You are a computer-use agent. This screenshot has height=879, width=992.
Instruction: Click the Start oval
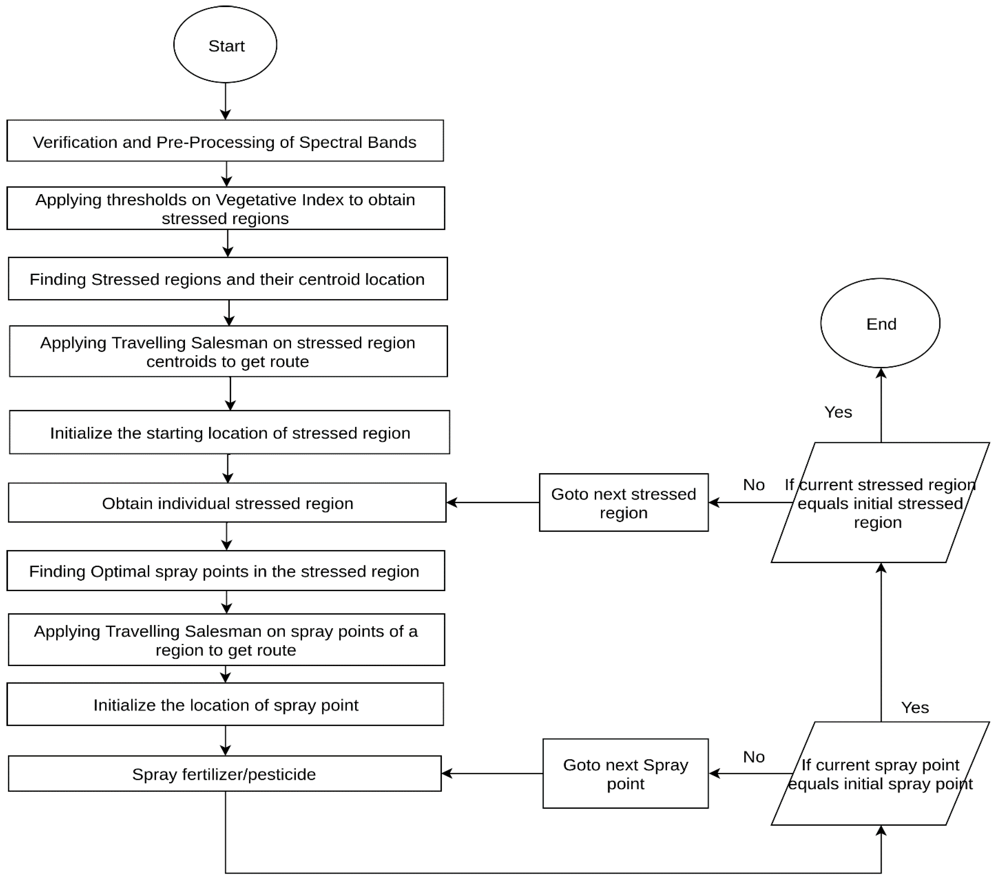pos(225,45)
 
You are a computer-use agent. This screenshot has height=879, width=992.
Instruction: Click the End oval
pos(880,323)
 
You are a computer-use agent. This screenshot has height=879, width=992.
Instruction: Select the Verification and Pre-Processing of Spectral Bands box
pos(225,141)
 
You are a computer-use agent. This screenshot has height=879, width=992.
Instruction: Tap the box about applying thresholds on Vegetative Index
pos(226,209)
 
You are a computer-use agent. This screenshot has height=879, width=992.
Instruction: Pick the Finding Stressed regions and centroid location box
pos(228,279)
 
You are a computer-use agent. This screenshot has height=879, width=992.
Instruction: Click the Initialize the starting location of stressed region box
pos(230,433)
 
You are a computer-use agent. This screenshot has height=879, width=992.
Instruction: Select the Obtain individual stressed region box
pos(227,503)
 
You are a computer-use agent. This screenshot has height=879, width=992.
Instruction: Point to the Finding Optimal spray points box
pos(226,571)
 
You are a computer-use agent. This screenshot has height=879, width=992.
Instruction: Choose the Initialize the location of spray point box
pos(225,704)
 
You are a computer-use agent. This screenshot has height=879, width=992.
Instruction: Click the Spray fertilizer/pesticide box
pos(225,774)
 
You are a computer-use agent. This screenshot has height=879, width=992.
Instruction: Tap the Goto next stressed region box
pos(624,503)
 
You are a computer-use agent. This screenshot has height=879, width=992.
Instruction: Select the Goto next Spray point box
pos(626,774)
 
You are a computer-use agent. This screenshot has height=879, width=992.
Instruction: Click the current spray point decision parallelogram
pos(880,774)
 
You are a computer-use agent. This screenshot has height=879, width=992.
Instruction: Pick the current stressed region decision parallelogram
pos(880,503)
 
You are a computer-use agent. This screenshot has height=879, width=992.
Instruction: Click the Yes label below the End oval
pos(838,412)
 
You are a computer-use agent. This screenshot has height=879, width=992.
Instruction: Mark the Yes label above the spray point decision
pos(915,707)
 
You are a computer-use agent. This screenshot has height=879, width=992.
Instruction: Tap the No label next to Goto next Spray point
pos(754,757)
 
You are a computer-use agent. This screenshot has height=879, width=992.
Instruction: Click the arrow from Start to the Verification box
pos(225,101)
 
